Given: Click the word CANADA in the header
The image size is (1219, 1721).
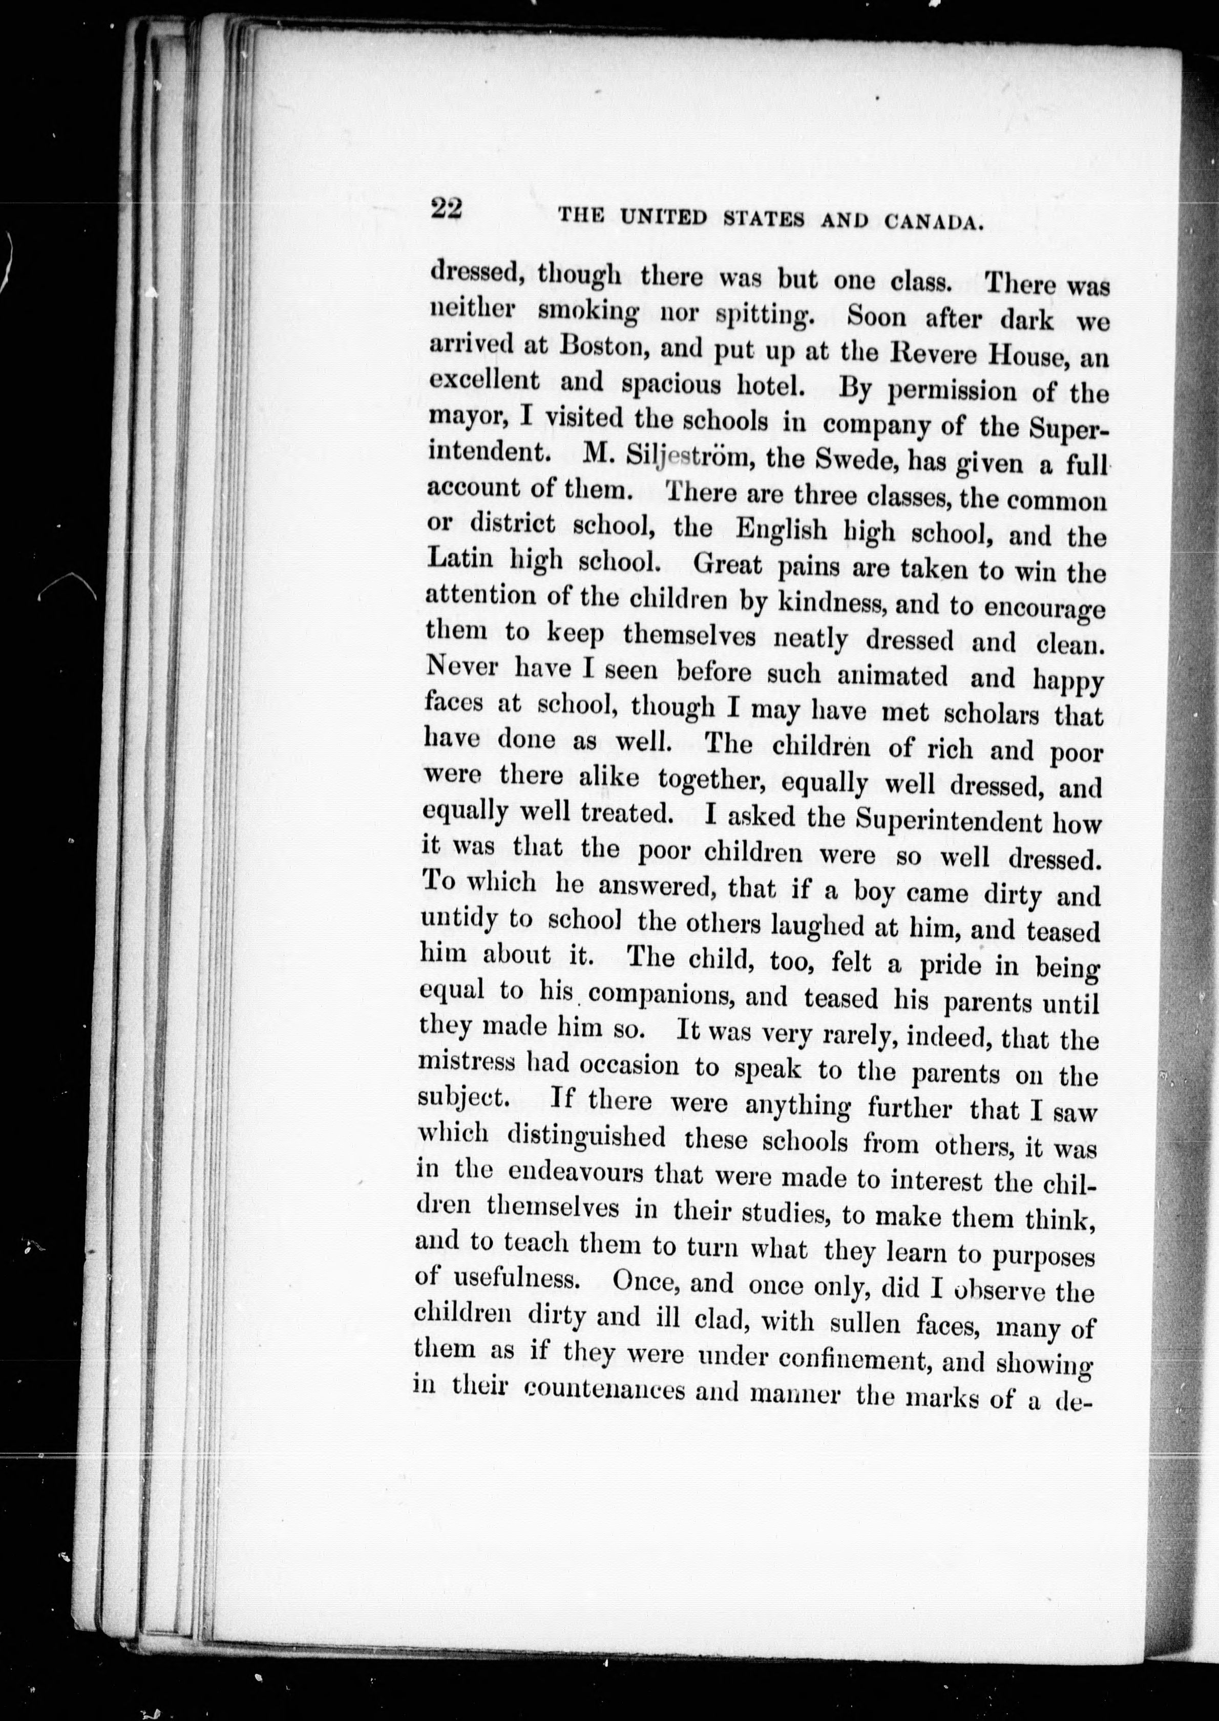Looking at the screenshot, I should (934, 221).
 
